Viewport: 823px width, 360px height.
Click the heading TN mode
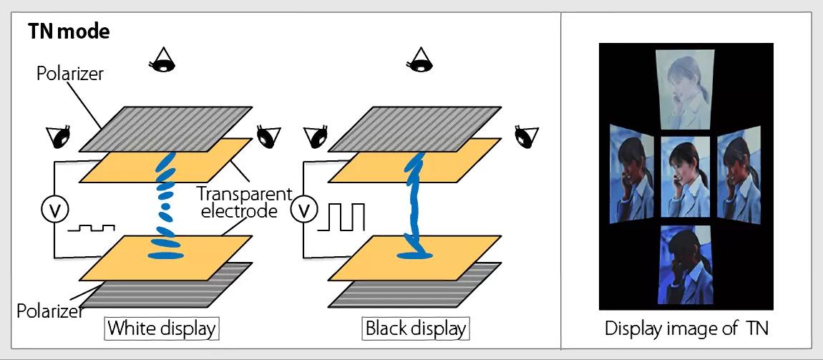pyautogui.click(x=69, y=32)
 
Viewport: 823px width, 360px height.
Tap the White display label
pyautogui.click(x=162, y=329)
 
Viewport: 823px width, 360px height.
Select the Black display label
pyautogui.click(x=416, y=329)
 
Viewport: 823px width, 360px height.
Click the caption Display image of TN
pyautogui.click(x=686, y=329)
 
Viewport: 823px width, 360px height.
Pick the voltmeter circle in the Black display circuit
pyautogui.click(x=304, y=211)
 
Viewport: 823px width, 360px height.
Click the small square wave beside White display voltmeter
pyautogui.click(x=92, y=228)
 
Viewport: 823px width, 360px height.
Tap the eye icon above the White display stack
pyautogui.click(x=162, y=60)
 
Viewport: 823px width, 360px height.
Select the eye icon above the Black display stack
pyautogui.click(x=419, y=60)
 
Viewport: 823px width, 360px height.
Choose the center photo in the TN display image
pyautogui.click(x=686, y=177)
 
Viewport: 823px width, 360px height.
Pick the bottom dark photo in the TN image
pyautogui.click(x=686, y=265)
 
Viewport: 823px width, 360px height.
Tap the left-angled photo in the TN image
pyautogui.click(x=631, y=174)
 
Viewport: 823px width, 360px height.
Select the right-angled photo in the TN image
pyautogui.click(x=739, y=174)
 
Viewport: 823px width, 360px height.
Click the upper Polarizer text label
pyautogui.click(x=70, y=74)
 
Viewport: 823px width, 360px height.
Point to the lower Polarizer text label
pyautogui.click(x=50, y=311)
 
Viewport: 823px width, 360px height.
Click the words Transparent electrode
pyautogui.click(x=244, y=203)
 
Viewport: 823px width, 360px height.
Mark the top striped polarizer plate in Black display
pyautogui.click(x=414, y=129)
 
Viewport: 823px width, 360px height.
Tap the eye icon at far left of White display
pyautogui.click(x=59, y=137)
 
